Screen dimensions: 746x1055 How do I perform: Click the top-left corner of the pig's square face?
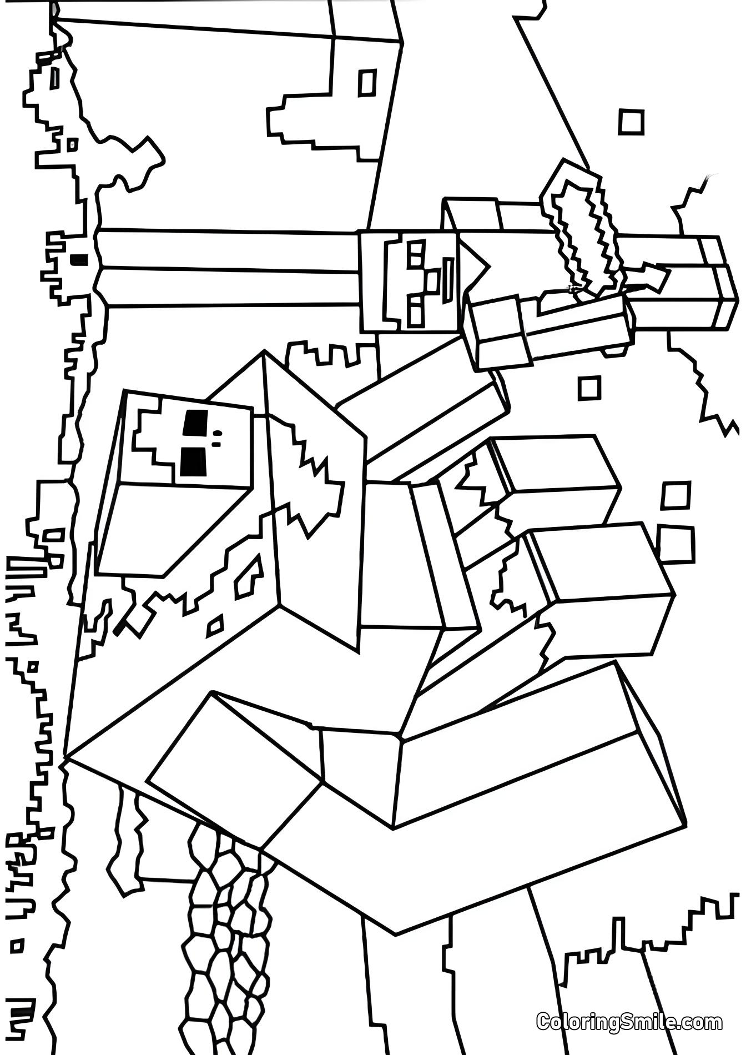tap(126, 391)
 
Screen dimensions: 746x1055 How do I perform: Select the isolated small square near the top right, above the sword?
tap(631, 122)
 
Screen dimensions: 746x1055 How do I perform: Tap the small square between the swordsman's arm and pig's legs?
tap(589, 388)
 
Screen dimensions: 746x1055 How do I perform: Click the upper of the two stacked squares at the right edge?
tap(676, 495)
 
